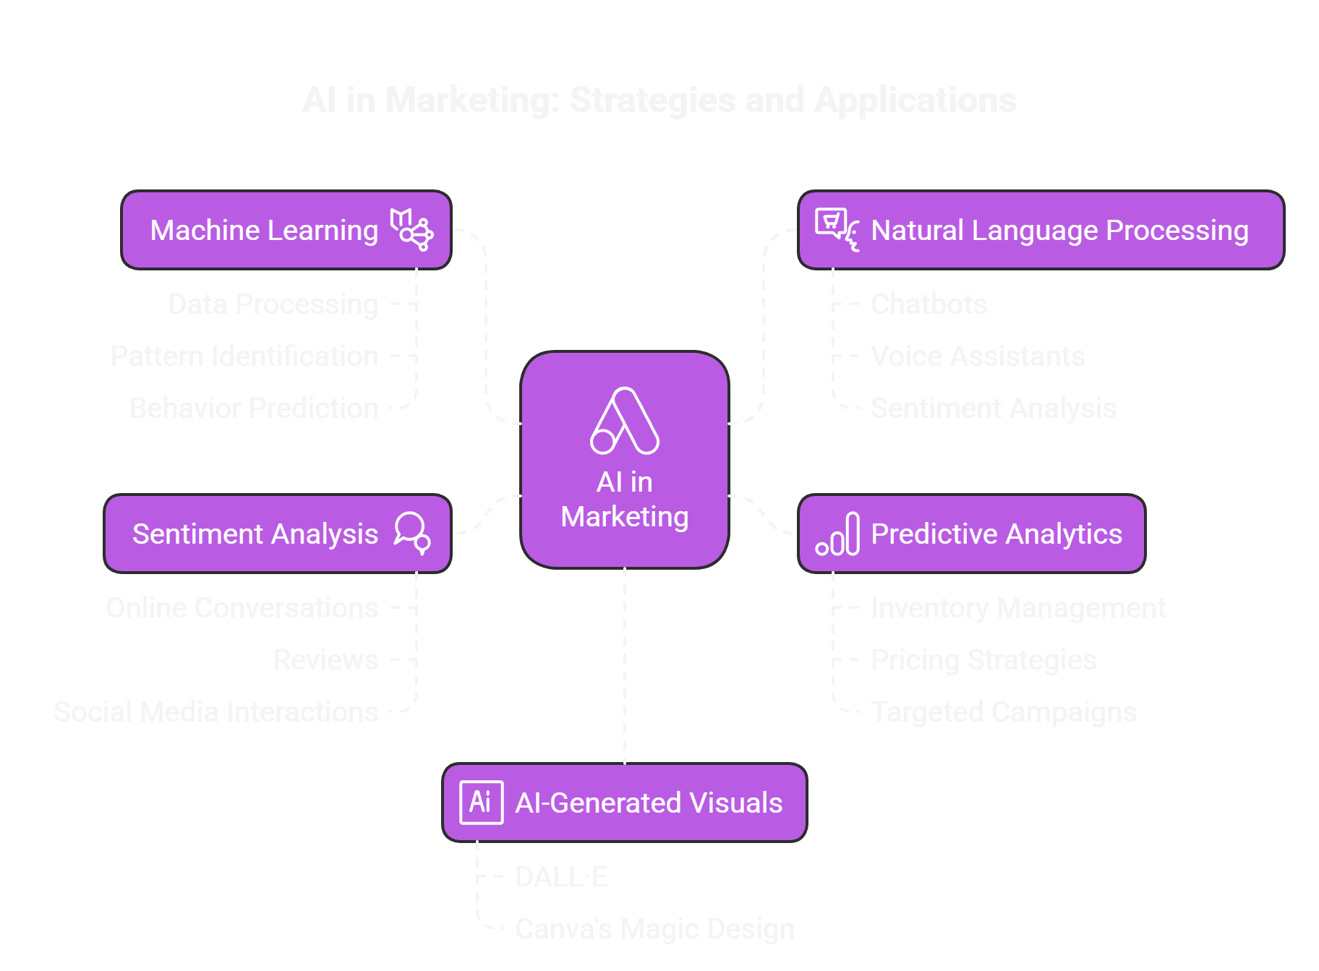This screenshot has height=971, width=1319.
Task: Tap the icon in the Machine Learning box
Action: pyautogui.click(x=411, y=229)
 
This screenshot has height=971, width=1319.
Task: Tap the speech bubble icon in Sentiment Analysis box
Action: pyautogui.click(x=412, y=533)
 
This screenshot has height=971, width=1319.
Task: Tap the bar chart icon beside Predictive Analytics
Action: pyautogui.click(x=837, y=534)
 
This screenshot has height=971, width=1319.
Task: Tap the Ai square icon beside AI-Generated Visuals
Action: pyautogui.click(x=482, y=802)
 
